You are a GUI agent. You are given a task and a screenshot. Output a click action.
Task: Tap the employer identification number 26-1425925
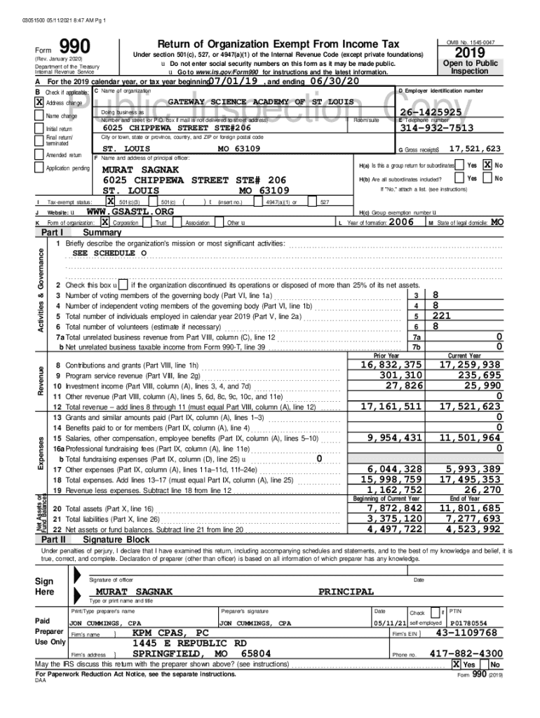click(x=431, y=112)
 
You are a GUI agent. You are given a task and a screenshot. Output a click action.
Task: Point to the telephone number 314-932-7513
click(x=436, y=128)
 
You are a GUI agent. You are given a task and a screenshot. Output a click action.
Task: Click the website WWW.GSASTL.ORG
click(x=129, y=211)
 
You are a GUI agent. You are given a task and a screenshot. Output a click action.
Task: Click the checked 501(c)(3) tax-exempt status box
click(x=111, y=201)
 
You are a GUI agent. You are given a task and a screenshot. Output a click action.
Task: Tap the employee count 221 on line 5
click(x=442, y=316)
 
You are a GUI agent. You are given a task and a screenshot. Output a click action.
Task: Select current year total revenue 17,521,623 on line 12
click(x=470, y=406)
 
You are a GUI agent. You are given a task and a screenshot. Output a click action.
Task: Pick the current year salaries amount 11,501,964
click(x=470, y=438)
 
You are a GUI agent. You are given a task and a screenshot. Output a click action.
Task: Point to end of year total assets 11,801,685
click(x=470, y=508)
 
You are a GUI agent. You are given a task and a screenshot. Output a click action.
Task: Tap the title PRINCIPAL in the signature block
click(x=346, y=592)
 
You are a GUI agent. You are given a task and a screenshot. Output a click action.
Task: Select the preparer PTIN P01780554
click(x=471, y=622)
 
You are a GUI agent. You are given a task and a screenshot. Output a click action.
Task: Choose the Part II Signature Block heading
click(x=116, y=540)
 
